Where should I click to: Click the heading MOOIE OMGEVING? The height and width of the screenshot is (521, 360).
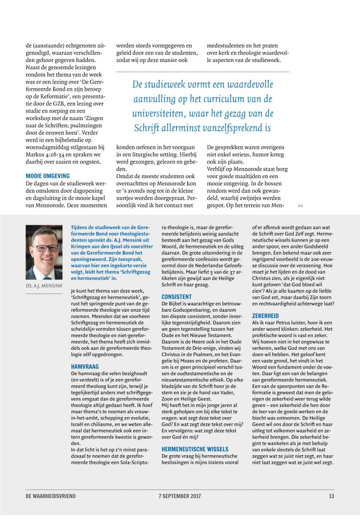[x=48, y=175]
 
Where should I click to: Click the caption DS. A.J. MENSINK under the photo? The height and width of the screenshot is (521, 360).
[x=44, y=286]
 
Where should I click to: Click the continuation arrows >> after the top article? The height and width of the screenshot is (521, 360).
[x=300, y=206]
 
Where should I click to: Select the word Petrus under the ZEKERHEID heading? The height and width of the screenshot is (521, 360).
[x=285, y=323]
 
